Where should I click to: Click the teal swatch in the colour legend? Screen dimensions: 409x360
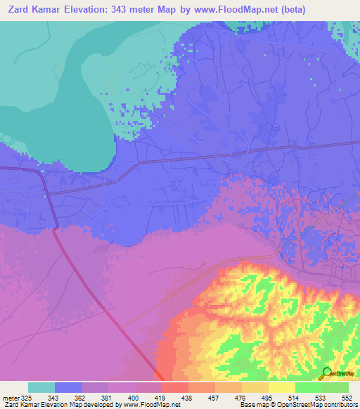[41, 387]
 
